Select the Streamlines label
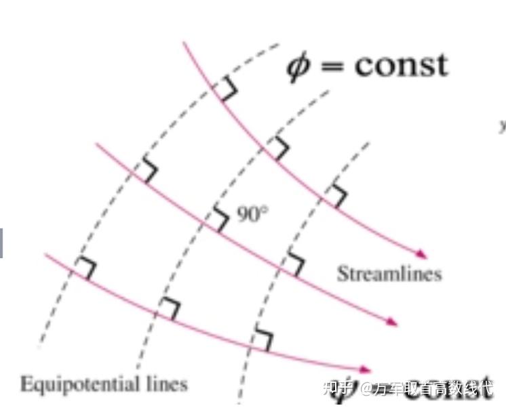(389, 274)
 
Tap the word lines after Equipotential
(167, 384)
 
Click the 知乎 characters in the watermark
(338, 388)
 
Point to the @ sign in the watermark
(366, 389)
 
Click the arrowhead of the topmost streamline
(423, 255)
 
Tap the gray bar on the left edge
(1, 243)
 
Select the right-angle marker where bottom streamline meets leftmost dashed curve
(85, 268)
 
